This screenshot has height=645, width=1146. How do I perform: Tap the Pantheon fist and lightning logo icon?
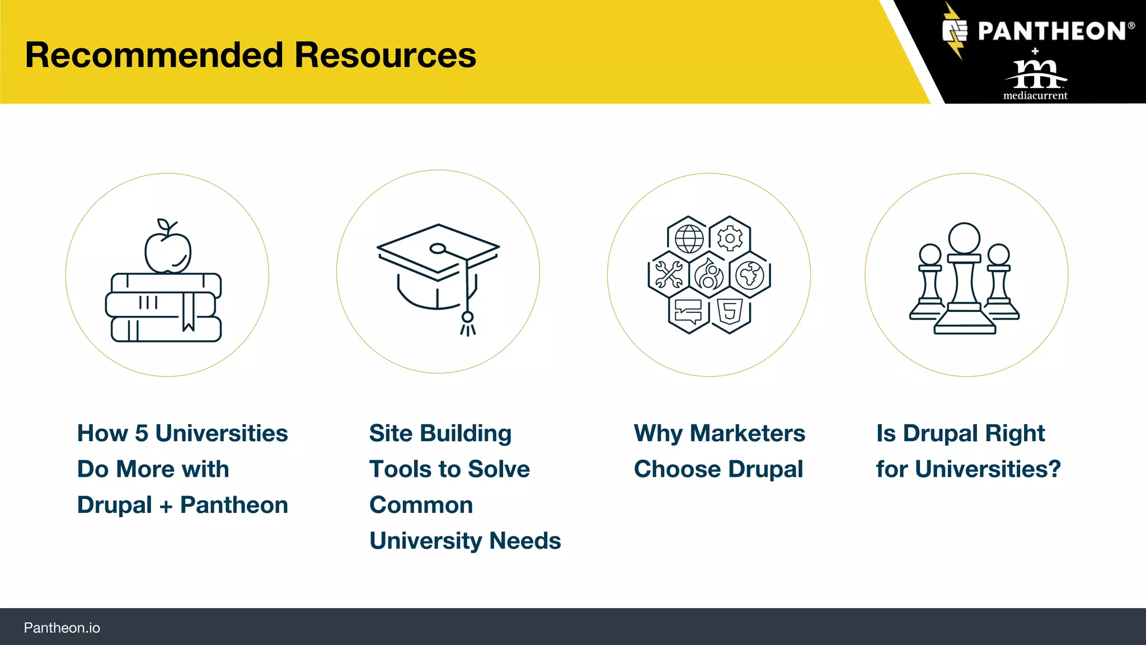[x=955, y=31]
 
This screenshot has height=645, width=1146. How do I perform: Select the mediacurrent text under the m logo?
[x=1035, y=96]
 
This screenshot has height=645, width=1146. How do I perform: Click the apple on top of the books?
[x=168, y=251]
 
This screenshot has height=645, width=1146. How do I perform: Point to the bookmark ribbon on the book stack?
[x=188, y=311]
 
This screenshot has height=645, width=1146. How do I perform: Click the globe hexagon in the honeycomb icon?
[x=689, y=239]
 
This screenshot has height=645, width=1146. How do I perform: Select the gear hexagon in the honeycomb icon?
[x=730, y=239]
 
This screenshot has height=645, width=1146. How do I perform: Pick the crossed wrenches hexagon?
[x=668, y=274]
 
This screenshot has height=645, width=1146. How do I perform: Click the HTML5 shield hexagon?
[x=730, y=311]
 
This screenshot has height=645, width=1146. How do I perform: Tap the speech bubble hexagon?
[x=688, y=311]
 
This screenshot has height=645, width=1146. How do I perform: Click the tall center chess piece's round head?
[x=964, y=238]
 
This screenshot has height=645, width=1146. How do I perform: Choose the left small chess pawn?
[x=930, y=283]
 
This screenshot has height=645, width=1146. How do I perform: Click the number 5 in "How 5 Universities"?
[x=142, y=433]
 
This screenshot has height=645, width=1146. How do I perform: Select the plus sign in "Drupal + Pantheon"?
[x=166, y=506]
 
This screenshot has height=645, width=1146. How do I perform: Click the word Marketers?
[x=747, y=433]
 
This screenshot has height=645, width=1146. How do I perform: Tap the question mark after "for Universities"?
[x=1054, y=469]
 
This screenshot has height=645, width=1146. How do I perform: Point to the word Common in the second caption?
[x=421, y=505]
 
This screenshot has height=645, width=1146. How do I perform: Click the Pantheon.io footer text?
[x=62, y=628]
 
